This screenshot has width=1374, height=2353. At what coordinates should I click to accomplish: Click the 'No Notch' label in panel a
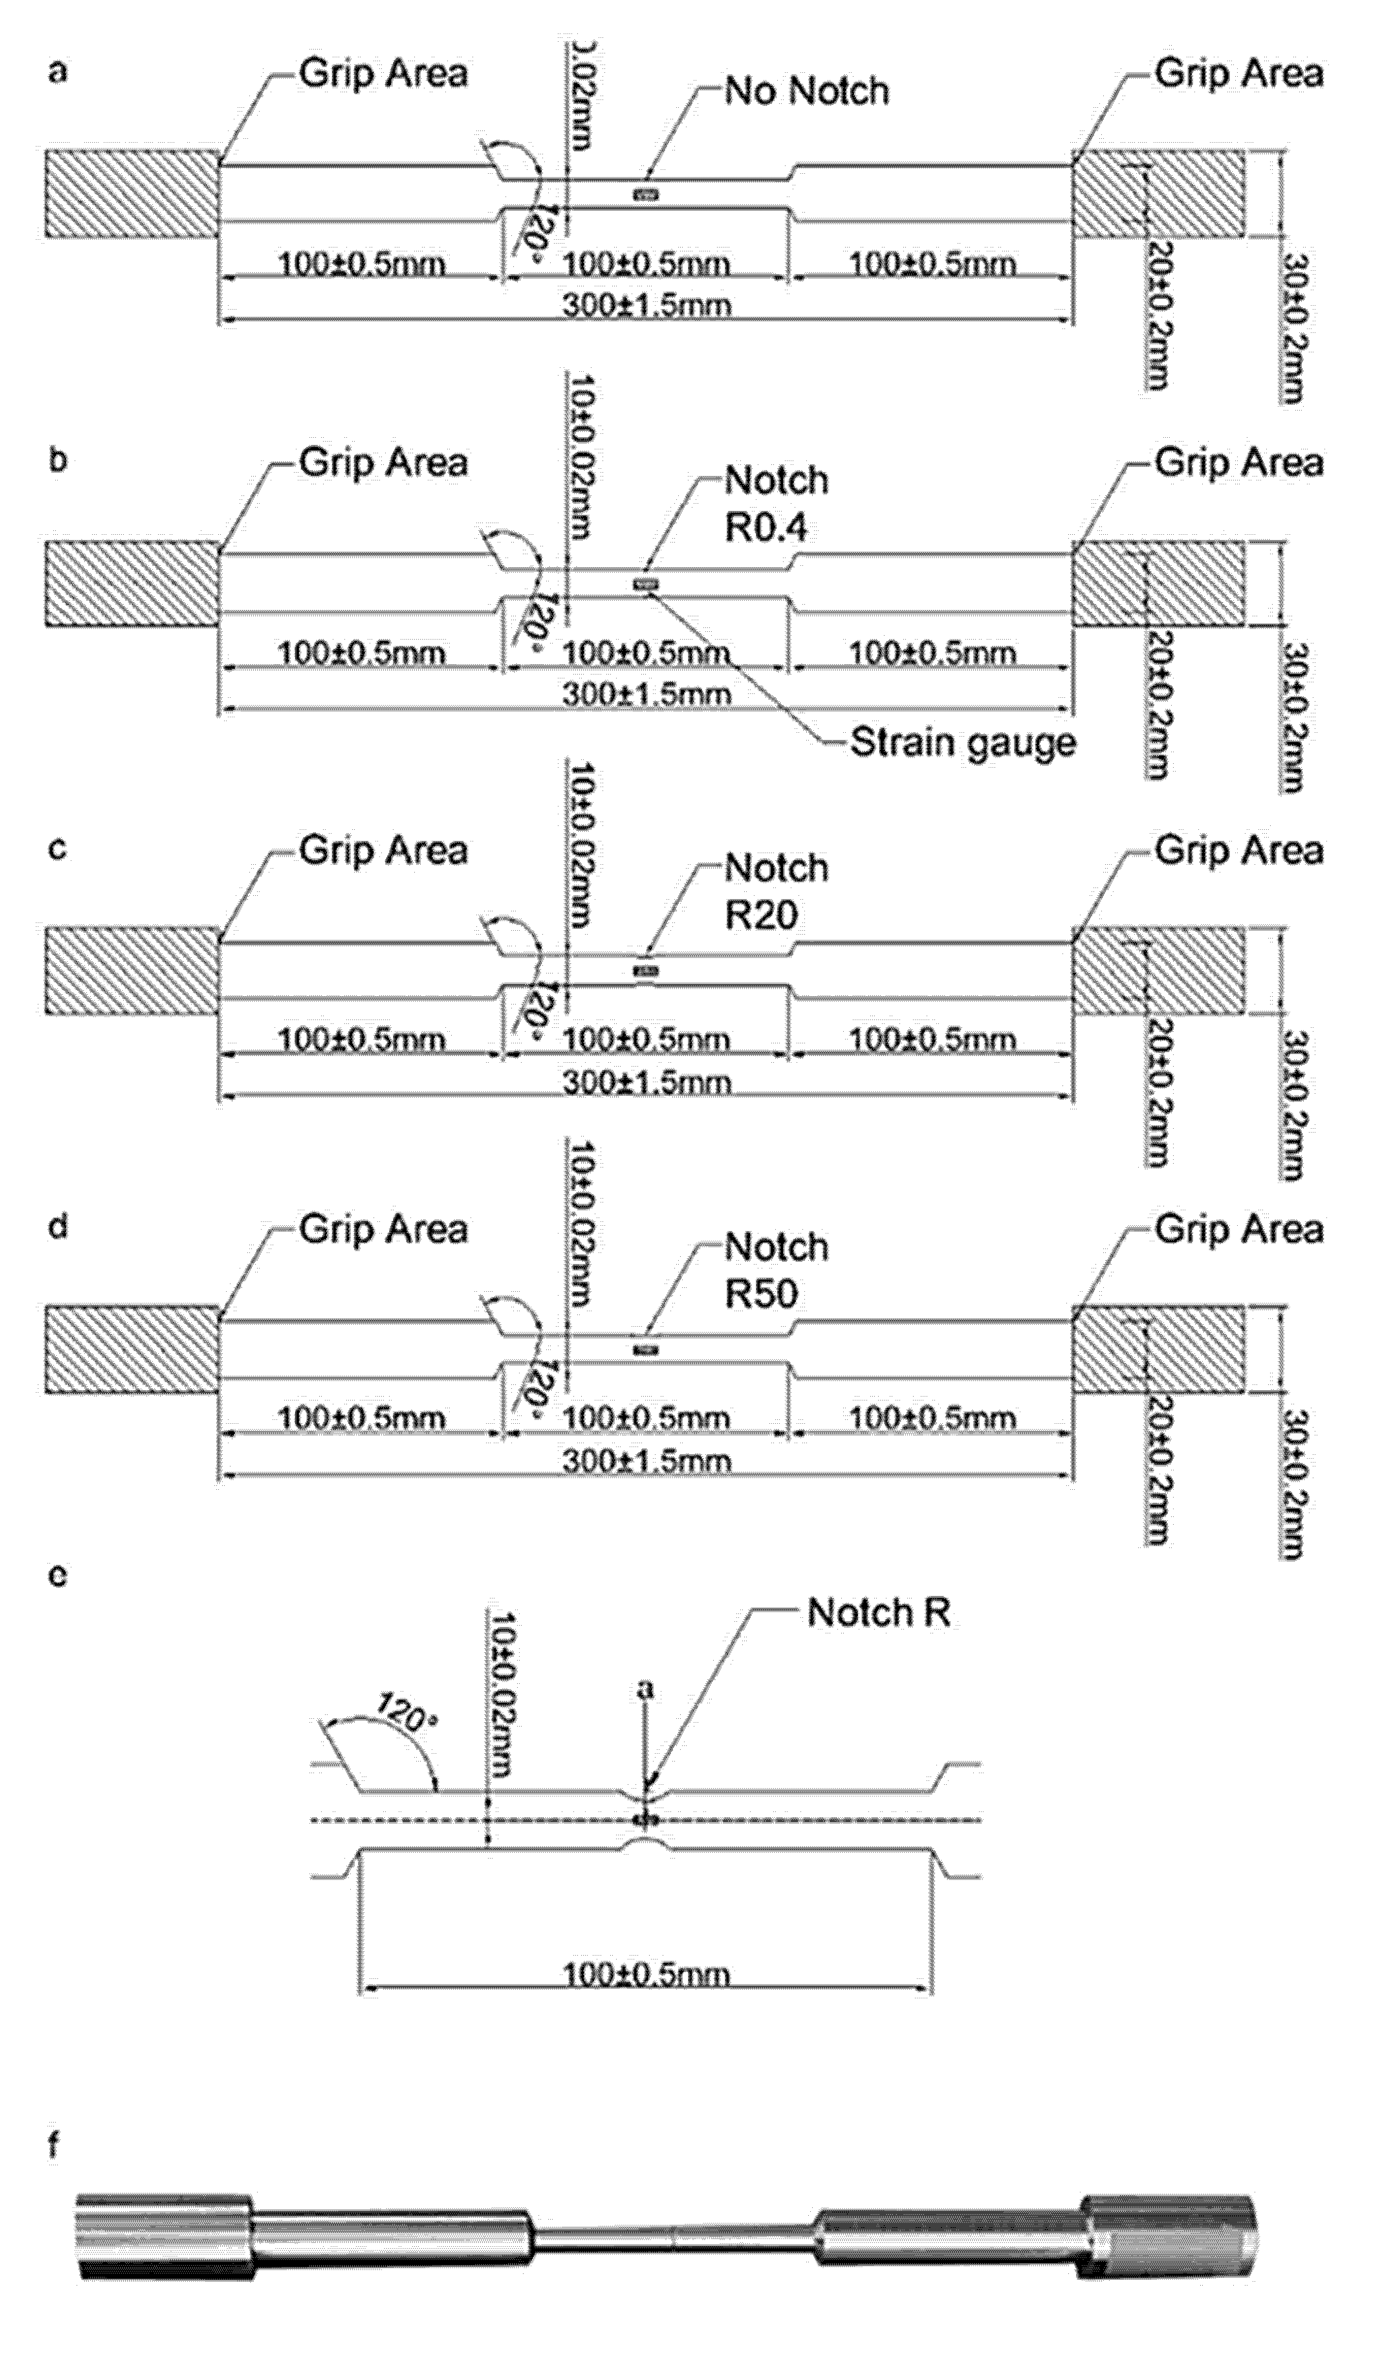[806, 92]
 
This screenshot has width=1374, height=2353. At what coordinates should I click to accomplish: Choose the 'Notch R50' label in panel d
[777, 1270]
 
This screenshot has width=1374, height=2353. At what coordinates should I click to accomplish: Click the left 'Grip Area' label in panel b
[383, 463]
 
